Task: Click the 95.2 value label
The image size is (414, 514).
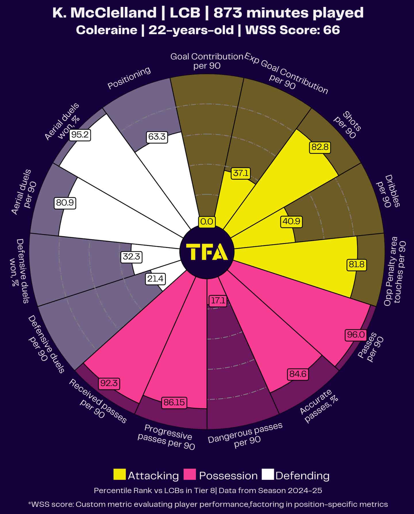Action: (x=80, y=135)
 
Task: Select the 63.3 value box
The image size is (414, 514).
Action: (x=157, y=137)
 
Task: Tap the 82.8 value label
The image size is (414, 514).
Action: (x=320, y=147)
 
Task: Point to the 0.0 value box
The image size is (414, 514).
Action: (x=207, y=222)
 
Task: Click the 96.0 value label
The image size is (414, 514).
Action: (x=356, y=335)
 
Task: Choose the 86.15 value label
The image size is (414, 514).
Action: (x=174, y=402)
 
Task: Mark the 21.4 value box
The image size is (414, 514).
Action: (x=155, y=279)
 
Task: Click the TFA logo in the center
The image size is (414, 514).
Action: (x=207, y=252)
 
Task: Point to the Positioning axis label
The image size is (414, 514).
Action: (x=129, y=78)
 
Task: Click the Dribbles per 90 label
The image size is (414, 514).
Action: (x=388, y=191)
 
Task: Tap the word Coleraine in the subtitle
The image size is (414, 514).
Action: (x=107, y=30)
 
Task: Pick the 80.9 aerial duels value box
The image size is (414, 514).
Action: (x=65, y=203)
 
